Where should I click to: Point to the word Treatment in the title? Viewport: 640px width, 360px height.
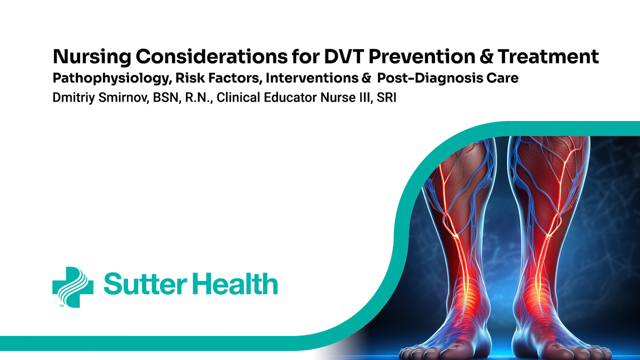tap(548, 56)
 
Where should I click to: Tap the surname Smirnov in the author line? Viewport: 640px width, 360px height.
tap(123, 97)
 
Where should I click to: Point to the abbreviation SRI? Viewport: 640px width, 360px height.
tap(386, 97)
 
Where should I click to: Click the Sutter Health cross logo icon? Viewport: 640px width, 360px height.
tap(73, 287)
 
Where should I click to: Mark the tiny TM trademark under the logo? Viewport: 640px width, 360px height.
tap(61, 306)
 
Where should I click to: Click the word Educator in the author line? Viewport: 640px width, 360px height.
tap(290, 97)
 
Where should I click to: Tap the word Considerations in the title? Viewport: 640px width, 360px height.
tap(211, 56)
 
